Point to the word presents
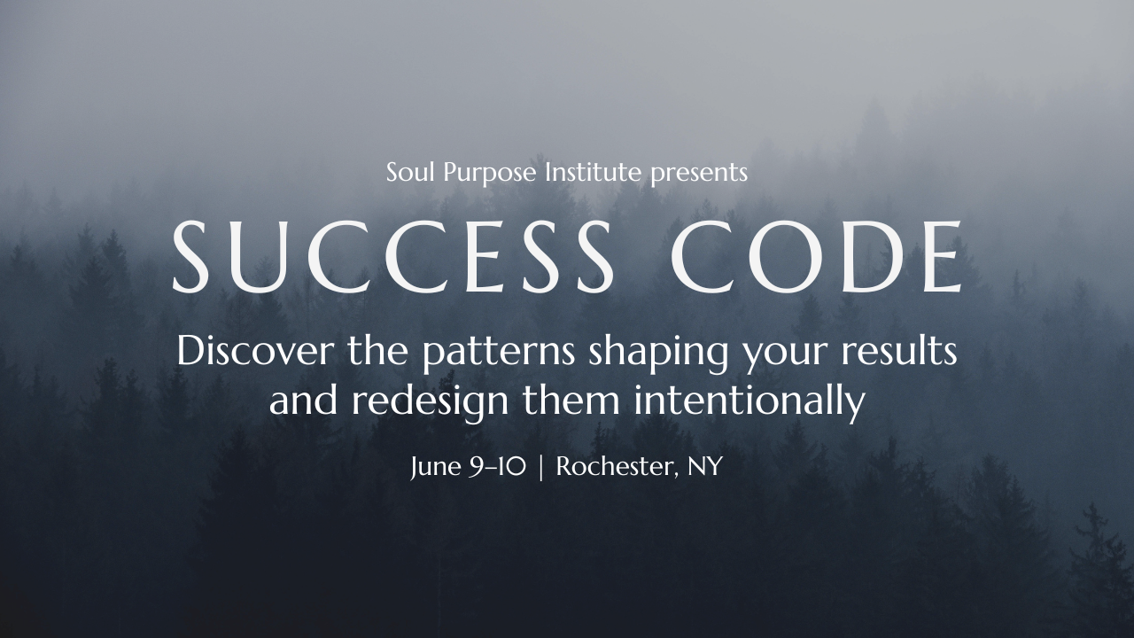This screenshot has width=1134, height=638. point(699,174)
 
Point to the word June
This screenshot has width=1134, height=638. point(432,467)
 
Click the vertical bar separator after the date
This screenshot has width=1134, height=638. point(541,467)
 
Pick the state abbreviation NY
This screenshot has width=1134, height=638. point(705,467)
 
